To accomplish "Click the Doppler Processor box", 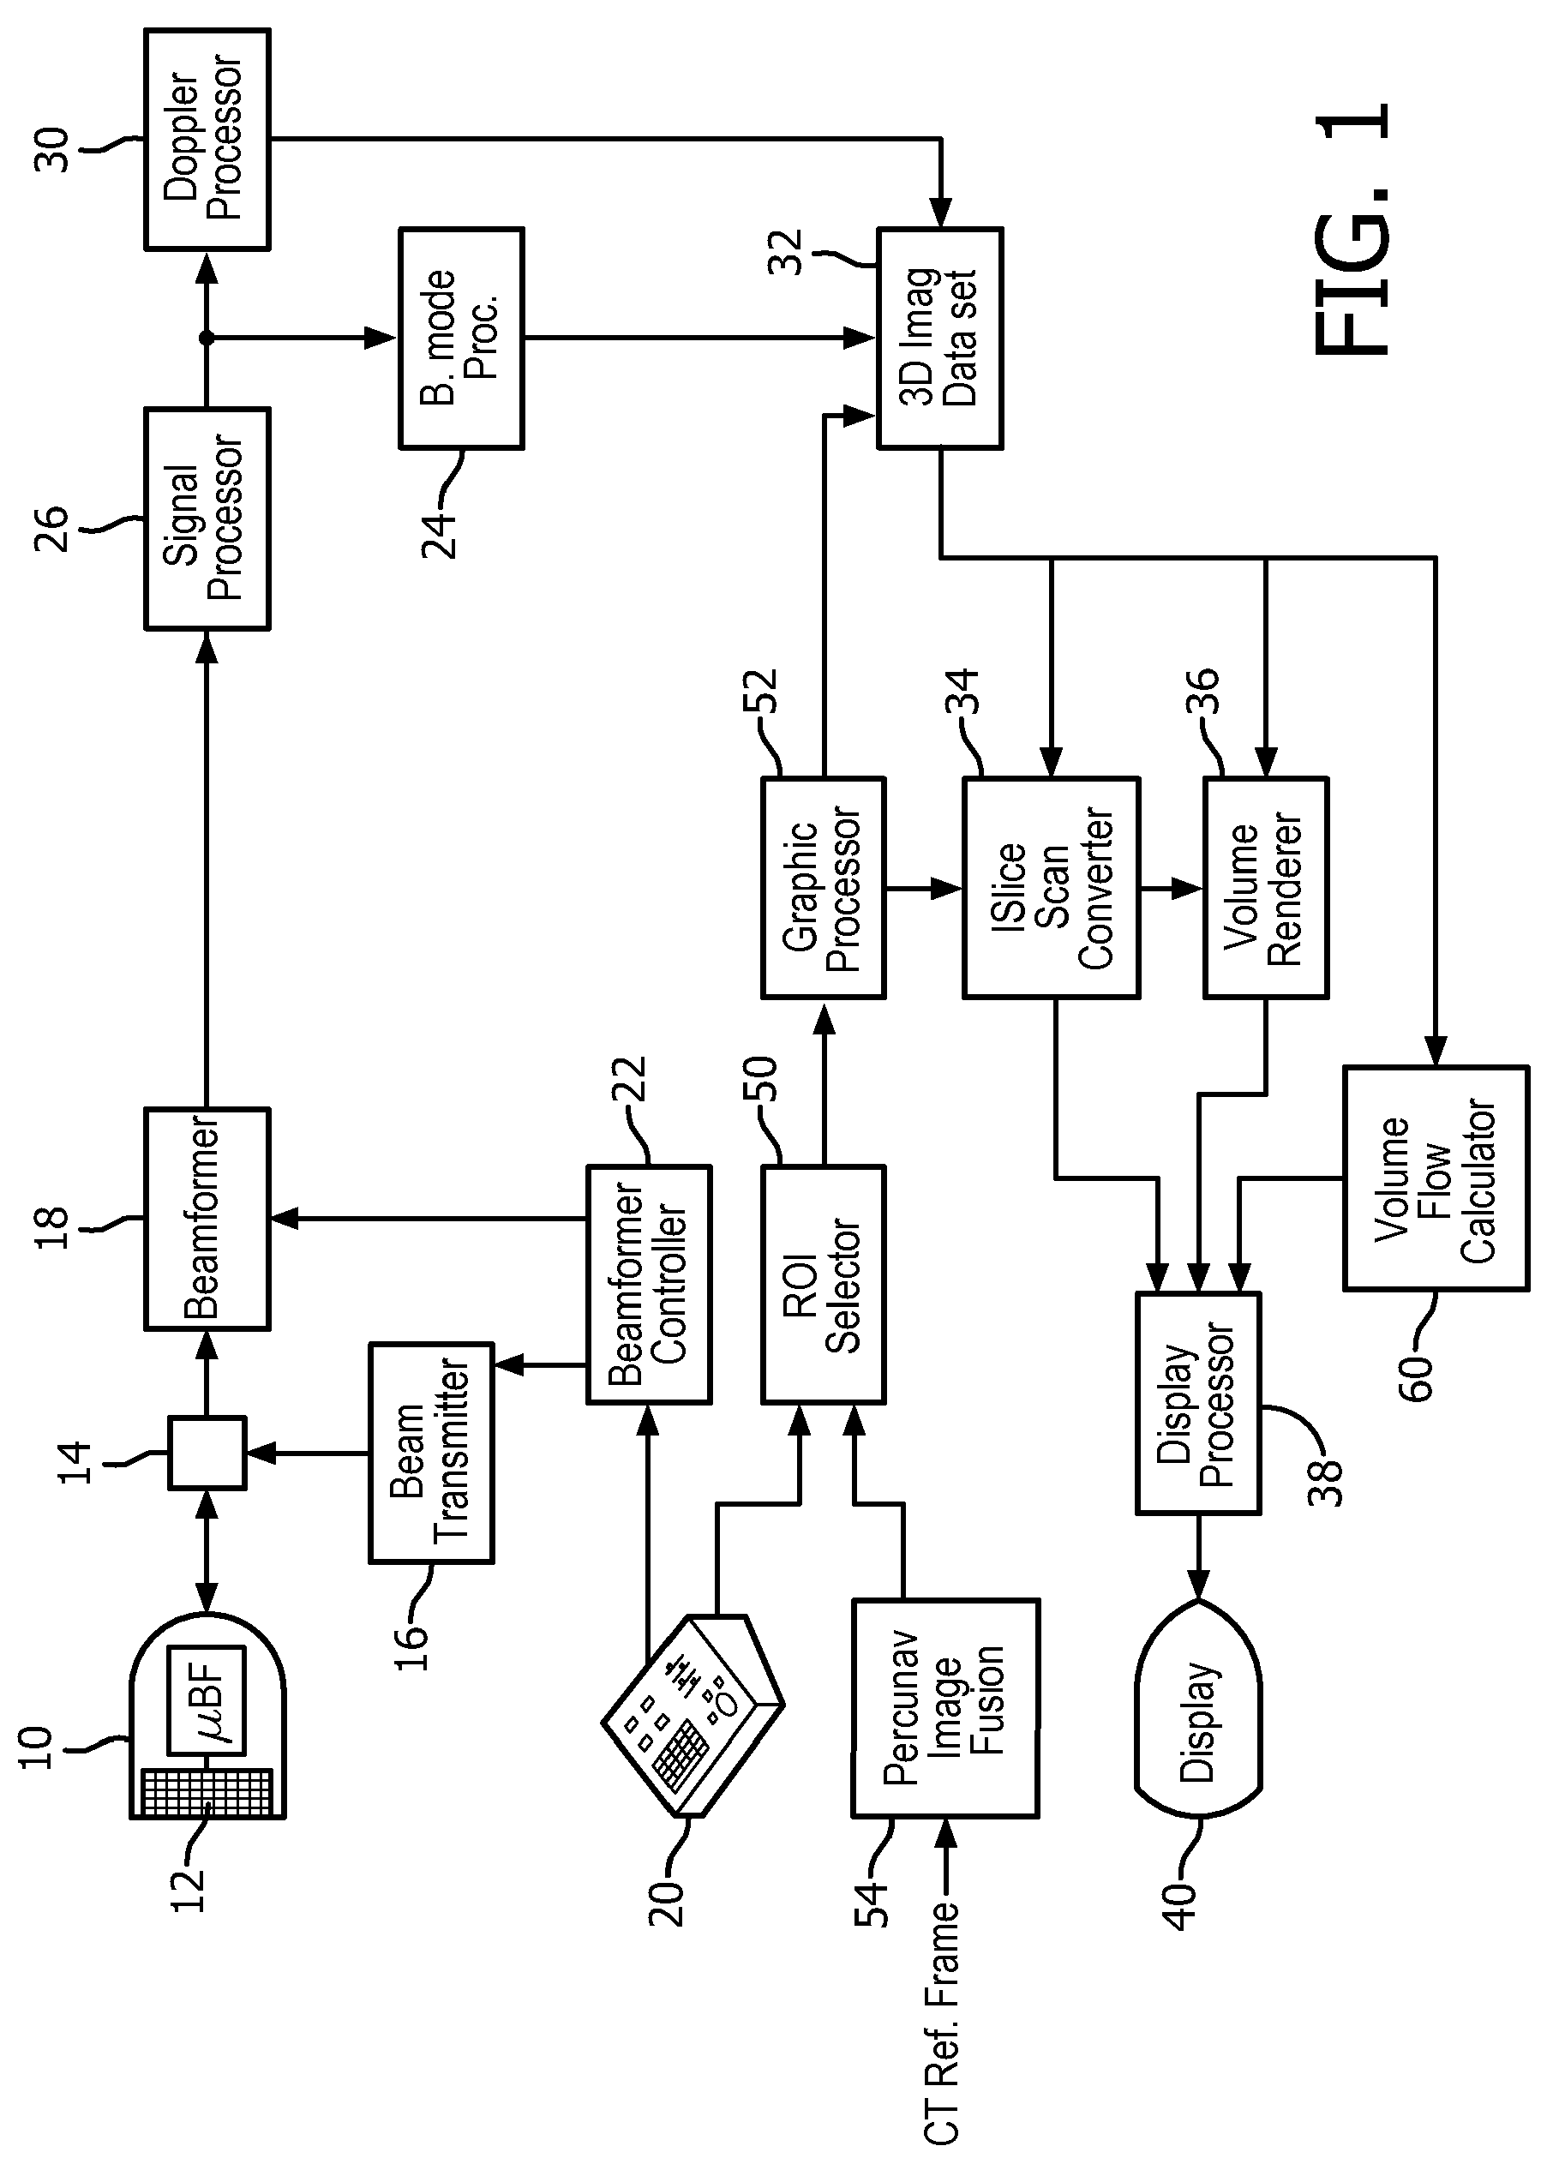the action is point(207,139).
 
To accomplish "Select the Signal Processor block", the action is point(207,519).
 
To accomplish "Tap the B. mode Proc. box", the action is point(461,339).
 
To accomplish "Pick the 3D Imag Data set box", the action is point(940,339).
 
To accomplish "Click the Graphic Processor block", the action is point(823,889).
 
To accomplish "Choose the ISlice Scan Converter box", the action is point(1052,889).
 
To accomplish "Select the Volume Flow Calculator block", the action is point(1436,1178).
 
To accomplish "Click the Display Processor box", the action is point(1198,1404).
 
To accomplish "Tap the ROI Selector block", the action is point(823,1285).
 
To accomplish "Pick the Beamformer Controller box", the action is point(649,1285).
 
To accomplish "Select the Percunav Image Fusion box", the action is point(945,1709).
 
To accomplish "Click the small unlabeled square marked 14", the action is point(207,1454).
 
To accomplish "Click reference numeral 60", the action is point(1416,1378).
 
